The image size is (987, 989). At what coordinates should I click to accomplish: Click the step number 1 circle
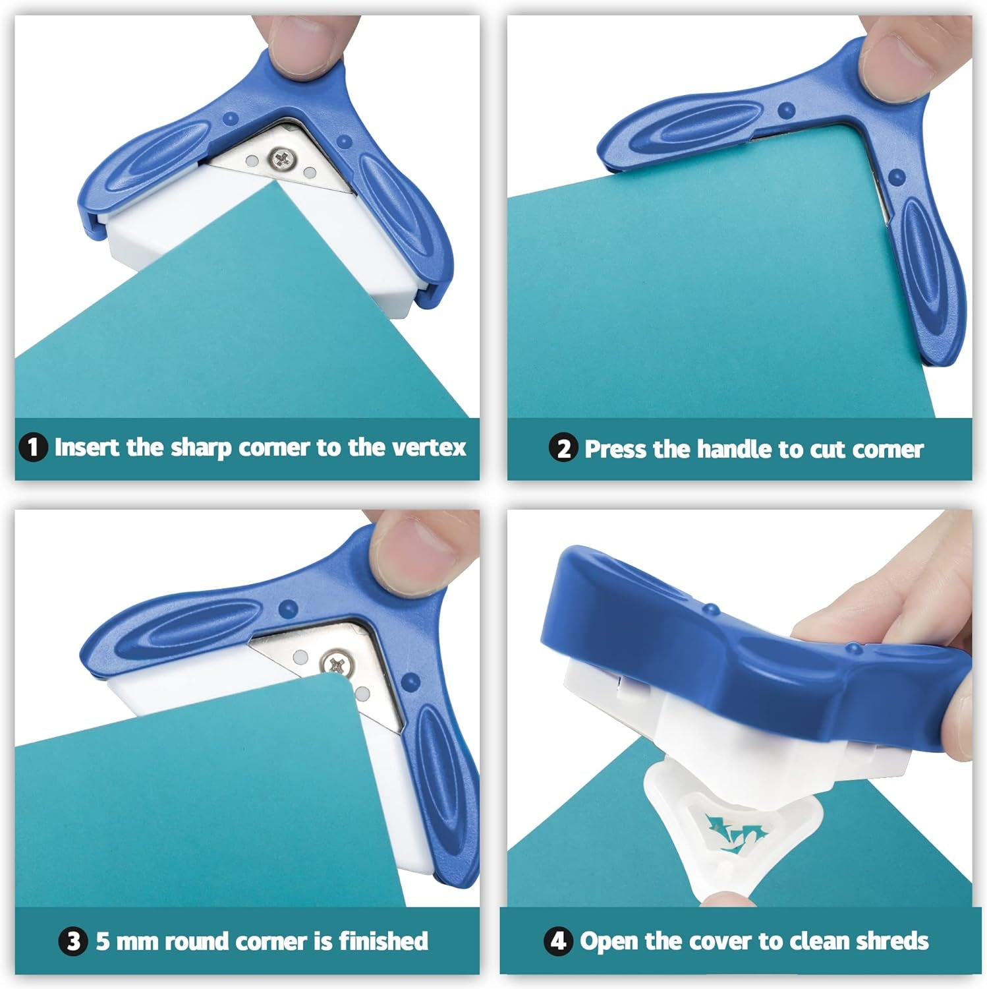pyautogui.click(x=33, y=448)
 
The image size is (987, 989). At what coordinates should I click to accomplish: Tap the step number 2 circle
pyautogui.click(x=563, y=449)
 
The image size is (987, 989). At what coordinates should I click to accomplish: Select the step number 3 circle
pyautogui.click(x=74, y=941)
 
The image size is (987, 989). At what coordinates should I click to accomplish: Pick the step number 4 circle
pyautogui.click(x=557, y=941)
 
